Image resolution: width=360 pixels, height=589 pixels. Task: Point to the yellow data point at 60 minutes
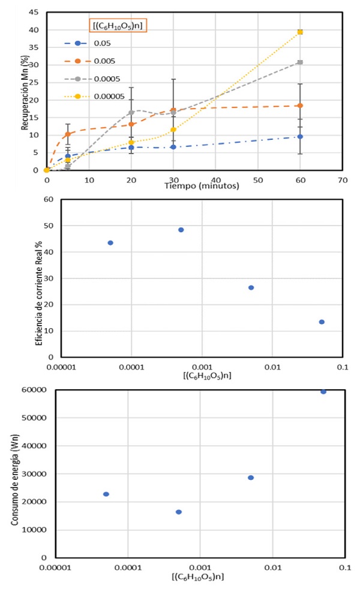300,32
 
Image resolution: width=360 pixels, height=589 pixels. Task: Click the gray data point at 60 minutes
300,62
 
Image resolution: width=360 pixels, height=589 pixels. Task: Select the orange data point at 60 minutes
300,106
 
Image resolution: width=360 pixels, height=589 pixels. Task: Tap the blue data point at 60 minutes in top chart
300,137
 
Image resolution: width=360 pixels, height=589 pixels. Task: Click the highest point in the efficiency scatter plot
181,230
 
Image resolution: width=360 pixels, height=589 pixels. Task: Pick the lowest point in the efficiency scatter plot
322,322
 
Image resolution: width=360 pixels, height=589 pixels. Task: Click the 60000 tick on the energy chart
36,390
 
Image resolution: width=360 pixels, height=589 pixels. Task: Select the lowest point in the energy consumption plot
179,512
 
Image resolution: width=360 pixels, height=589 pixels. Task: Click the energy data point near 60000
323,392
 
